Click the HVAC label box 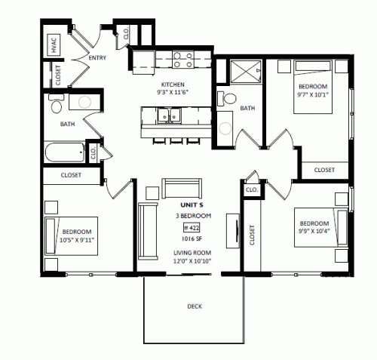(54, 45)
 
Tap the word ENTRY (97, 58)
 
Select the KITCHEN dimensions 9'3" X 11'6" (173, 92)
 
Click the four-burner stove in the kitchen (183, 60)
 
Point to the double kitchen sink (169, 115)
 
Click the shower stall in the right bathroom (246, 72)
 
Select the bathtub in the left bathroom (65, 152)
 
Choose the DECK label (195, 306)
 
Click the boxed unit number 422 (192, 228)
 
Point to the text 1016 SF (192, 238)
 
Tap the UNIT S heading (192, 205)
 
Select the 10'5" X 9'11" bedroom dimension (77, 240)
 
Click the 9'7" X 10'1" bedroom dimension (313, 95)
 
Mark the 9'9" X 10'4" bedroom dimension (314, 231)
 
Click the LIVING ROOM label (192, 253)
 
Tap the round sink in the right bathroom (225, 128)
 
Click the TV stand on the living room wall (233, 231)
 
